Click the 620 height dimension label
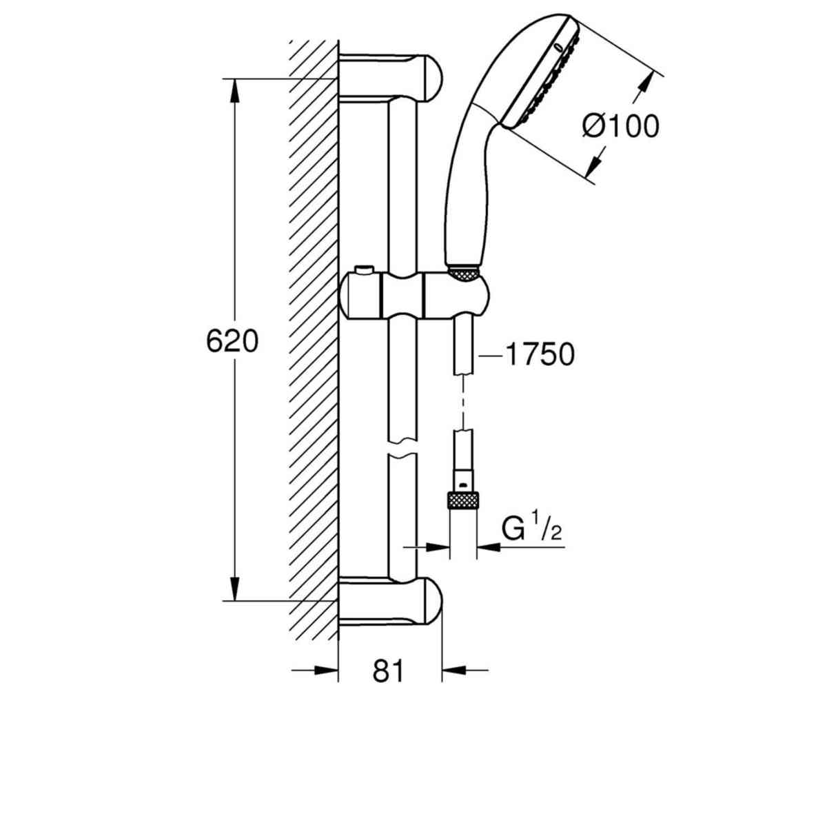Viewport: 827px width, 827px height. click(232, 341)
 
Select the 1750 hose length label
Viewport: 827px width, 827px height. click(539, 355)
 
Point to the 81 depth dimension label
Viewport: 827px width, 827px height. click(388, 671)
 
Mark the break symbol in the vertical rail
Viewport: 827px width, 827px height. click(402, 447)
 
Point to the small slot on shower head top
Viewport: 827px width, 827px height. click(557, 47)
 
